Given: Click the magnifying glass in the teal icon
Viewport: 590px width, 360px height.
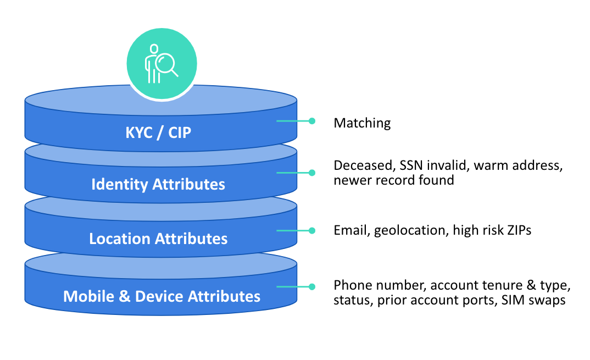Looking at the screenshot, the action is click(x=166, y=64).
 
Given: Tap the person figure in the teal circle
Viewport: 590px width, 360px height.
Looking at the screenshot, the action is click(x=152, y=64).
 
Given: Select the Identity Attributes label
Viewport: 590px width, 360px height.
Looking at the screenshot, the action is click(x=158, y=185).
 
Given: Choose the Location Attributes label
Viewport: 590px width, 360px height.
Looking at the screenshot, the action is click(x=158, y=239).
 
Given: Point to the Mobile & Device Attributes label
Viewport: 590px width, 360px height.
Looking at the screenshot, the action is click(x=162, y=296).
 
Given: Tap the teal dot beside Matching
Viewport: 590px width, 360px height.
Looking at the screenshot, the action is click(x=312, y=121).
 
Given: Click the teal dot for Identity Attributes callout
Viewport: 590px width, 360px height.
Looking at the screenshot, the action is click(x=312, y=173).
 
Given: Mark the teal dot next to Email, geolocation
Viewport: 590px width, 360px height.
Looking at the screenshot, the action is click(x=312, y=230).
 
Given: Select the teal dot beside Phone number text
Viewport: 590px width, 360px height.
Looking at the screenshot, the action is click(x=312, y=286).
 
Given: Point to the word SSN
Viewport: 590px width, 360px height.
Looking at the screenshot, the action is click(x=411, y=165).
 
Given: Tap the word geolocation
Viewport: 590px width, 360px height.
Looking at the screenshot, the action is click(x=411, y=230).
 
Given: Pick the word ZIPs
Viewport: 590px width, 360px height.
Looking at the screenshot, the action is click(x=519, y=230).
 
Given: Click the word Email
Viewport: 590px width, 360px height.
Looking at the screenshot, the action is click(x=352, y=230).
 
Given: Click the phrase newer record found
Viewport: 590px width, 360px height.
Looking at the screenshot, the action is click(x=393, y=180).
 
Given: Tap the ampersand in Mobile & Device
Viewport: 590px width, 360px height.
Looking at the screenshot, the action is click(x=125, y=296).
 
